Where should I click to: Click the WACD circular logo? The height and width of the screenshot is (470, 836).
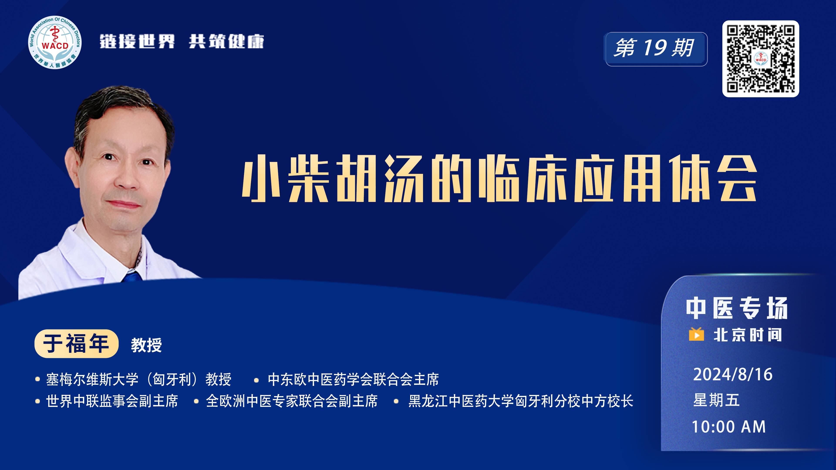point(55,42)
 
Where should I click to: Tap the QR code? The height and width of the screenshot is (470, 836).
point(760,59)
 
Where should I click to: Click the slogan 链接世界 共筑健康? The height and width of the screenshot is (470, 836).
point(182,42)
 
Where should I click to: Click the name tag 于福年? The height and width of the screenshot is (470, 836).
point(76,344)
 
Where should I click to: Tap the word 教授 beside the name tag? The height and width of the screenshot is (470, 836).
point(146,345)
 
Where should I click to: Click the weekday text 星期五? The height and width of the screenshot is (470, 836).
point(716,400)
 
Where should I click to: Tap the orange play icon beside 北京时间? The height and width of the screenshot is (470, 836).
point(696,334)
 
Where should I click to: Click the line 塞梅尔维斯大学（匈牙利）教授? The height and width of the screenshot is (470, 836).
point(139,379)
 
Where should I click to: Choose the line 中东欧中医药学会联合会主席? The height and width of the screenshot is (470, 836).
point(353,379)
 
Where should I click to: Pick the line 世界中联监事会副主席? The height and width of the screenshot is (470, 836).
point(112,401)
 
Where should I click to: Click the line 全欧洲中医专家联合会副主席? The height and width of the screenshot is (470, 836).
point(292,401)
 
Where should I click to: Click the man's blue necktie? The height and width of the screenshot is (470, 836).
point(132,277)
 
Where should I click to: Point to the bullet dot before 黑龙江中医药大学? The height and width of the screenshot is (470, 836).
point(396,401)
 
